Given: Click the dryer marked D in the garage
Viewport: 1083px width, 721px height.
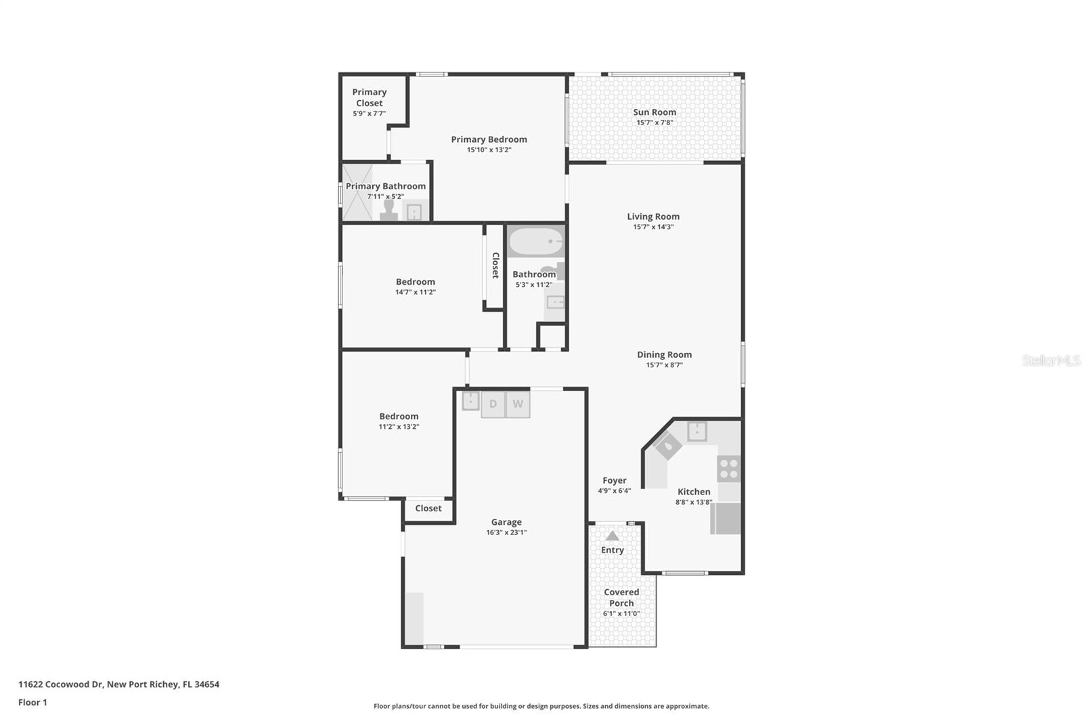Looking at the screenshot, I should (493, 404).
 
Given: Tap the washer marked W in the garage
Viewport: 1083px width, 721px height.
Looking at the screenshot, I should (518, 404).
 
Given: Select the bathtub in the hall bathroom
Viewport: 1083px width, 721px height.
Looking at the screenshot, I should (535, 241).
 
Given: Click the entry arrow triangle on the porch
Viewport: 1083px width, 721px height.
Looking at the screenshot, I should (612, 536).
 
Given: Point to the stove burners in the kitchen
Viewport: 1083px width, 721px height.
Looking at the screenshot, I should (729, 468).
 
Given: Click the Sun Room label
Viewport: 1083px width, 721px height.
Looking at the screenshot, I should (655, 112).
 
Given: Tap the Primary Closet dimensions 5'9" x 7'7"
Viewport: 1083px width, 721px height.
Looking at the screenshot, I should (369, 114).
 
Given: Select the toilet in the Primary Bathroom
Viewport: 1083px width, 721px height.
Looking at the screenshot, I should (389, 210).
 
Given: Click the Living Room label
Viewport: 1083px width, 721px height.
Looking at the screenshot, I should (653, 216).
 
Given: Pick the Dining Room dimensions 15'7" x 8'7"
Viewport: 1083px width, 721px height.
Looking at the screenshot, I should (664, 365).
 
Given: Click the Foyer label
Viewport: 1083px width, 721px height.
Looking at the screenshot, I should (615, 480).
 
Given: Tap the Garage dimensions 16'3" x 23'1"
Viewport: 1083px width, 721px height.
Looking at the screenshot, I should (506, 532).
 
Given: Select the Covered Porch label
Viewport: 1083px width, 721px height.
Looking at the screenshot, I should (621, 597).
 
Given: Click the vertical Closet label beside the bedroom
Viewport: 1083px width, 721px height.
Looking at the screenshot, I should (495, 265).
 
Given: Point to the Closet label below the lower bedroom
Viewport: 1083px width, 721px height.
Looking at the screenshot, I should (428, 508).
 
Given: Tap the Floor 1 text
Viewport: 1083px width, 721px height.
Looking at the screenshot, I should (32, 702).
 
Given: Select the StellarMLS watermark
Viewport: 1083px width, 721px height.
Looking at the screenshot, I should (1051, 360).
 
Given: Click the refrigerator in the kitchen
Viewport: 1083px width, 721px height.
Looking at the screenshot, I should (726, 519).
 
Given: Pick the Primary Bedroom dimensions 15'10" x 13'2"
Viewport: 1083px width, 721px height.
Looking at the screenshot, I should (489, 150).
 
